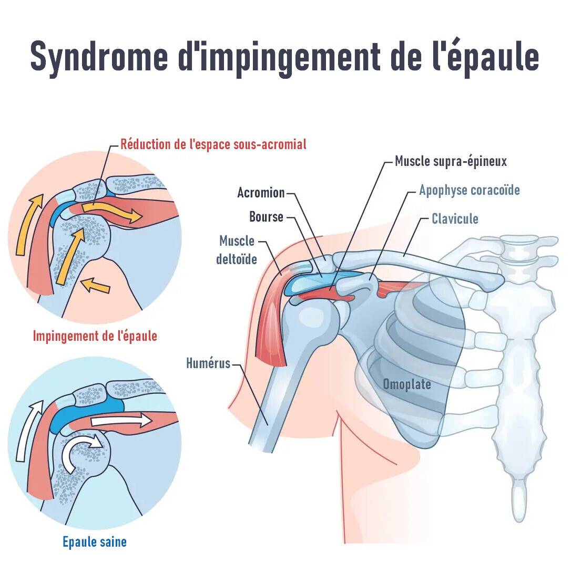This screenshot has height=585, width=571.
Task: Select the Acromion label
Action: pos(261,193)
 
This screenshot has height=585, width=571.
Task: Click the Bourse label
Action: pos(266,216)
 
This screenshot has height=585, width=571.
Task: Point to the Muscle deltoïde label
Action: pos(237,249)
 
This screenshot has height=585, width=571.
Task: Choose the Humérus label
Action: pos(208,363)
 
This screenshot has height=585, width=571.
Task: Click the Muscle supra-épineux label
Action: pos(451,161)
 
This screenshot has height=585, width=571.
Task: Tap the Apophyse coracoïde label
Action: pos(469,190)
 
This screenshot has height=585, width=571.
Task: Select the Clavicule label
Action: pos(455,218)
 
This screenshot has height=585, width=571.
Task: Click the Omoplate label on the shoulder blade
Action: pos(406,384)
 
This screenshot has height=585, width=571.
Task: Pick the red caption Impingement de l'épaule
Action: pos(95,336)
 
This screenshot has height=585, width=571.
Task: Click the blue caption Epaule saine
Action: pos(95,541)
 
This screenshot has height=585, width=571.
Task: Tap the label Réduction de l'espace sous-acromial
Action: pos(213,143)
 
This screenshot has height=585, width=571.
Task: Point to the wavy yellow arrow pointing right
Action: pos(111,212)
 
